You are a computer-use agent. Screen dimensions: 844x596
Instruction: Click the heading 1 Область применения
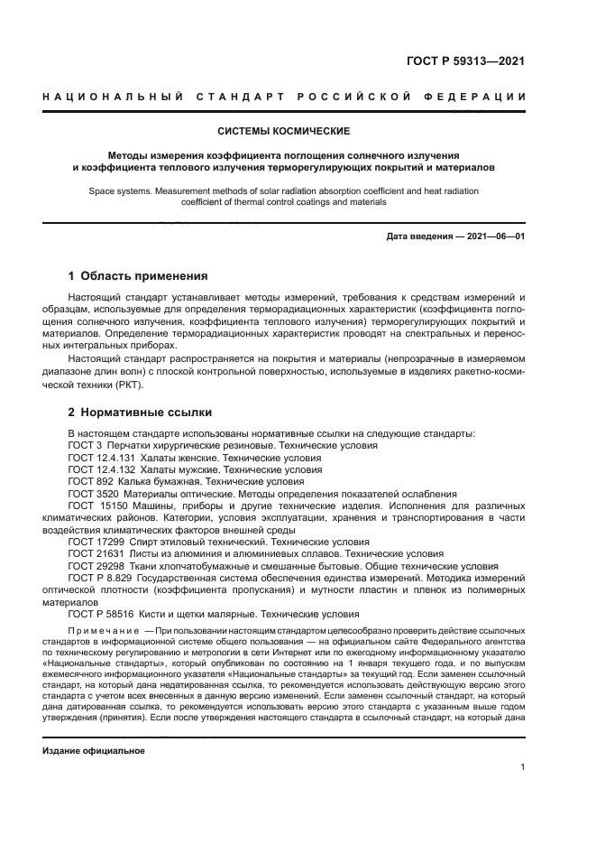(138, 275)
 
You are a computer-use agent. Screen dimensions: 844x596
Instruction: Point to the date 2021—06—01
(492, 237)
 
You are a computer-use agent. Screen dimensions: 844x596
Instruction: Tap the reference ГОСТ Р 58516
(98, 614)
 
